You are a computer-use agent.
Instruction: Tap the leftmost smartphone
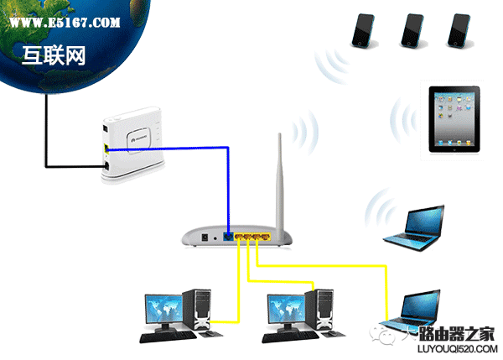364,30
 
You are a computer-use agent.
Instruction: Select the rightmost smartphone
459,30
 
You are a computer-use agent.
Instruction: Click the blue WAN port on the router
228,237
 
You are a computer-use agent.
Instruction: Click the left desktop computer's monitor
164,309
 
